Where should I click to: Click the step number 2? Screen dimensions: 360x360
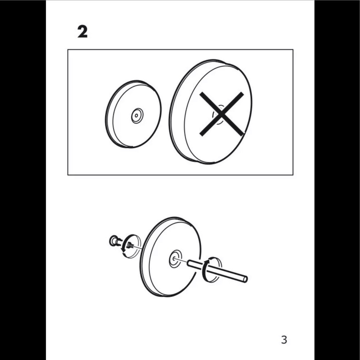click(x=82, y=32)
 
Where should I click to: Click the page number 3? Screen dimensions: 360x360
click(x=284, y=340)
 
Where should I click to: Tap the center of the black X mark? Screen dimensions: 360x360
click(x=221, y=114)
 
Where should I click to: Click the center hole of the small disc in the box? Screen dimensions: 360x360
click(x=136, y=116)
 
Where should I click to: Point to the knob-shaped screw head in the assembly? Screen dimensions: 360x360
click(x=113, y=241)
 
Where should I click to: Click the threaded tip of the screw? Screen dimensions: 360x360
click(x=130, y=245)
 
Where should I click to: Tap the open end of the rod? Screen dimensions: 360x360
click(x=245, y=279)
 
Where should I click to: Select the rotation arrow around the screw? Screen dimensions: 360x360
click(x=124, y=244)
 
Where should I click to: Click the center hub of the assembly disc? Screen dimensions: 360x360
click(x=175, y=259)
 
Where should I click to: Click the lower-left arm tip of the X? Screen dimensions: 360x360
click(x=201, y=134)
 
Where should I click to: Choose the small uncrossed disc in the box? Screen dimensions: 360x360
click(x=134, y=114)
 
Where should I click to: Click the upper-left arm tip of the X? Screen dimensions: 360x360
click(x=202, y=94)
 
